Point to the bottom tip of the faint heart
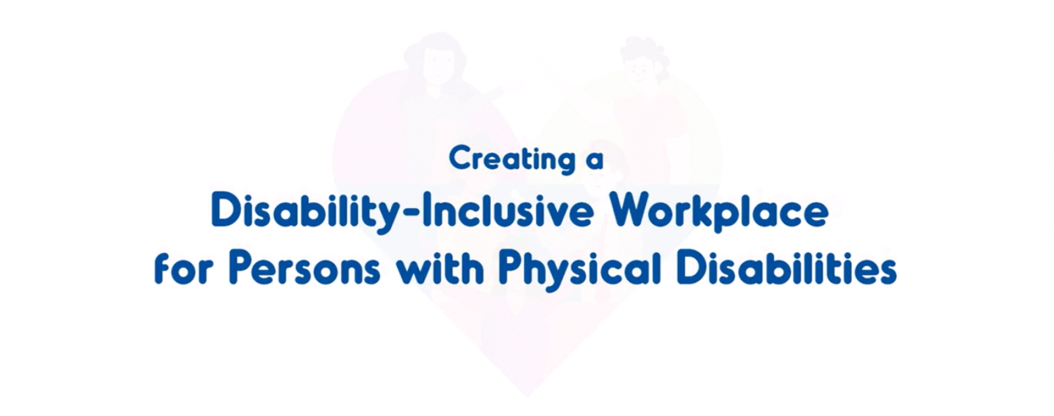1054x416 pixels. [x=526, y=396]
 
